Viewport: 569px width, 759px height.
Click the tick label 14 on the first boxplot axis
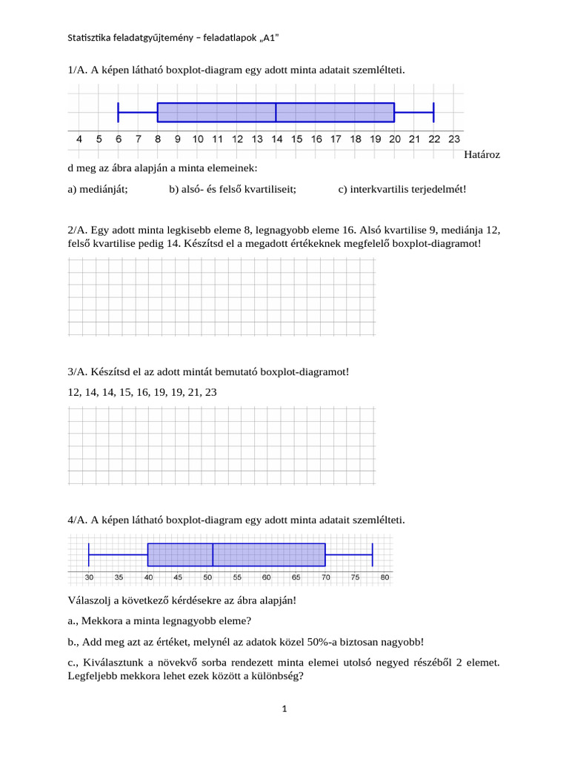point(276,139)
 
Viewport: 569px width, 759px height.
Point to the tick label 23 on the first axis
point(453,139)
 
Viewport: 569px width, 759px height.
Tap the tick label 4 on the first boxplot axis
point(79,139)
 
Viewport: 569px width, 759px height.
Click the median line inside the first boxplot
point(276,112)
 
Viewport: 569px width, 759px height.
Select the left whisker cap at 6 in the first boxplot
point(119,112)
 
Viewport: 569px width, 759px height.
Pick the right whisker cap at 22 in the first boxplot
point(433,112)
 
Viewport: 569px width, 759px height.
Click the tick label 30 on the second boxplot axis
point(89,577)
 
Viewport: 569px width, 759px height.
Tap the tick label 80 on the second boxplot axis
point(384,577)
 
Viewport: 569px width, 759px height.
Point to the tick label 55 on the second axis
point(236,577)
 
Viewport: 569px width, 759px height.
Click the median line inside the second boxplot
point(213,554)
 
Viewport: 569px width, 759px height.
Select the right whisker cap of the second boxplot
point(372,554)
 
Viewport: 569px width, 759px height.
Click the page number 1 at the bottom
point(284,709)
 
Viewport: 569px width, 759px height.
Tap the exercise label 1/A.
point(77,70)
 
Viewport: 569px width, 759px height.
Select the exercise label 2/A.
point(77,231)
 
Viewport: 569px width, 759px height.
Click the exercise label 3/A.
point(77,371)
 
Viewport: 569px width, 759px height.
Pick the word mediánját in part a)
point(105,189)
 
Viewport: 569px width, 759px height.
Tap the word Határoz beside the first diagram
point(482,155)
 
